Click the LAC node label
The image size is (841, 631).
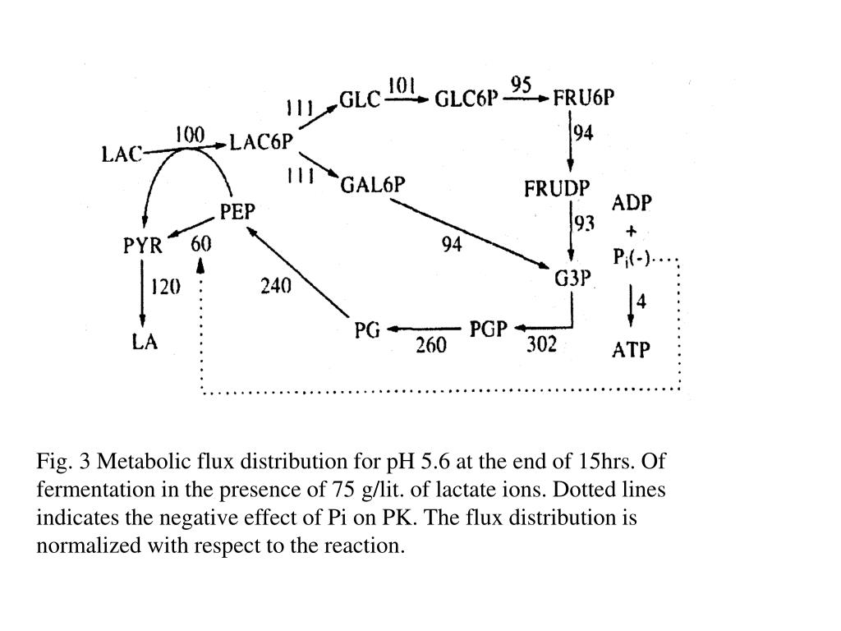point(122,154)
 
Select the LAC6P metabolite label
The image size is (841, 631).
point(261,142)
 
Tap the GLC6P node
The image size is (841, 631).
point(466,99)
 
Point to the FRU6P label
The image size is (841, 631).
point(584,99)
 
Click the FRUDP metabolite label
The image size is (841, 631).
point(557,188)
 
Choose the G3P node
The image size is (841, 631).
point(572,278)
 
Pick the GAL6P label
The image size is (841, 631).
point(373,184)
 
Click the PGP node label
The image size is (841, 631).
point(489,329)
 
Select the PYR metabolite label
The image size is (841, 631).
point(143,245)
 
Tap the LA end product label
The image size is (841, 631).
point(145,342)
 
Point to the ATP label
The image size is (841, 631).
point(632,350)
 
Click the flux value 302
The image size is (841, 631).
point(541,344)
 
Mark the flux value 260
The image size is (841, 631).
point(430,345)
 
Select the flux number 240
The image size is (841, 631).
point(276,287)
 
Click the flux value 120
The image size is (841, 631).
point(165,287)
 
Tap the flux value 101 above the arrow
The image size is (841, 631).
point(401,85)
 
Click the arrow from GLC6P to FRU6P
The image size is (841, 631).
point(526,99)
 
